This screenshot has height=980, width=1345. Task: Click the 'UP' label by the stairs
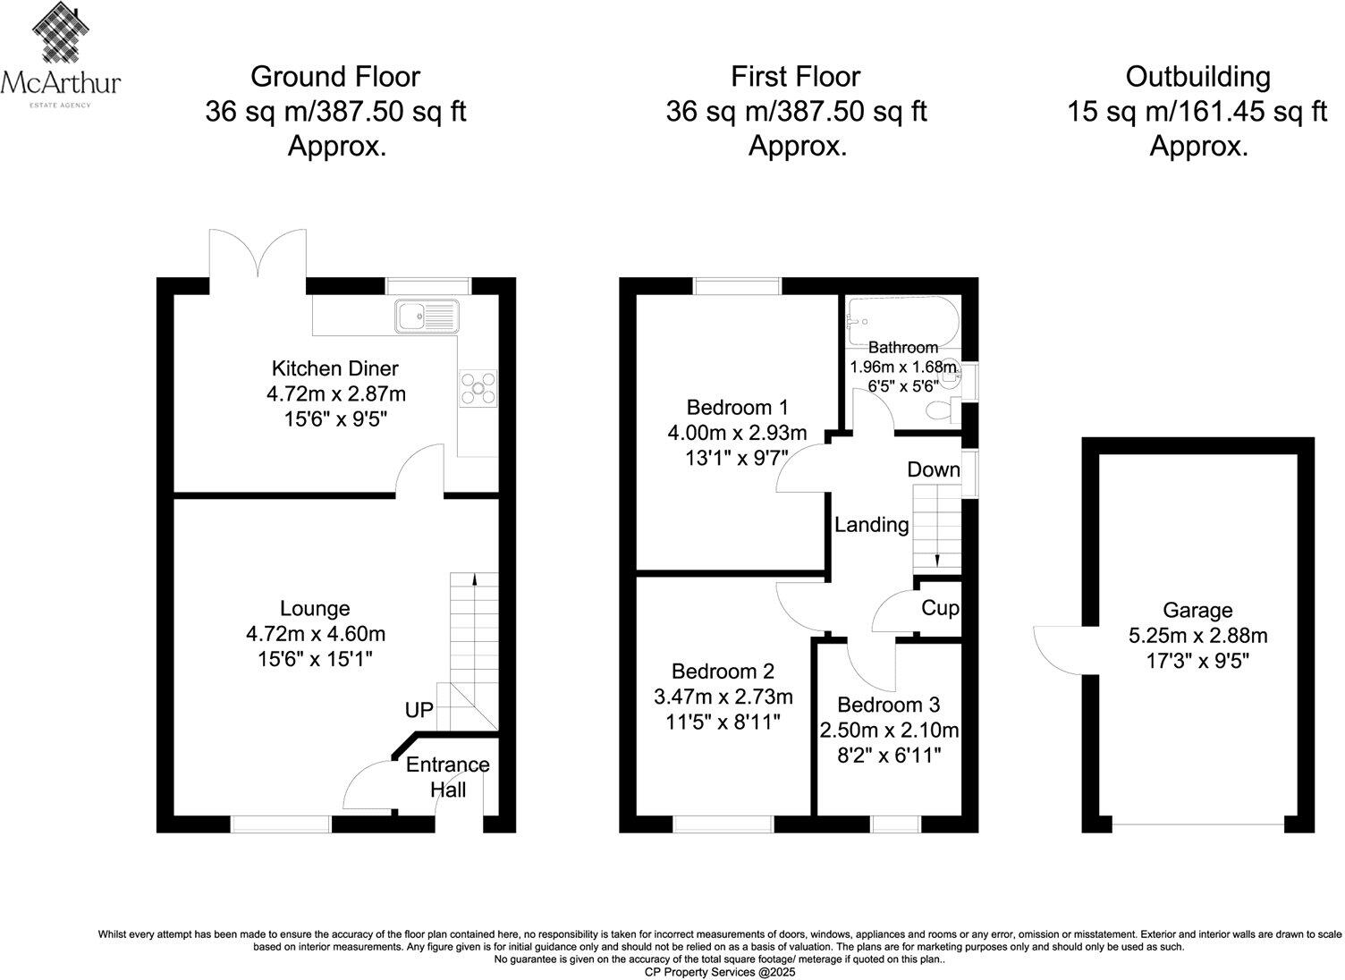[x=419, y=710]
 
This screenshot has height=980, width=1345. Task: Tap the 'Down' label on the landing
[x=933, y=469]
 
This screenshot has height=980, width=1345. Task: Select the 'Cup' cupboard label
[x=939, y=608]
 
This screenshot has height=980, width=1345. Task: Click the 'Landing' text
[x=871, y=525]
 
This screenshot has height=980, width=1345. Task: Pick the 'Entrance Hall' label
[x=448, y=777]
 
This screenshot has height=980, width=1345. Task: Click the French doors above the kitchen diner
[x=258, y=254]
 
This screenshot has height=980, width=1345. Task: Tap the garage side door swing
[x=1059, y=649]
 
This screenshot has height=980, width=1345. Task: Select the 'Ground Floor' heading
[x=334, y=77]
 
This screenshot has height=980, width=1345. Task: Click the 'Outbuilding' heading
[x=1197, y=77]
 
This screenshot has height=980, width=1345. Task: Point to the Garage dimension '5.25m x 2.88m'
[x=1197, y=636]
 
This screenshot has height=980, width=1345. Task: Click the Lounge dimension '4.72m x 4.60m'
[x=315, y=634]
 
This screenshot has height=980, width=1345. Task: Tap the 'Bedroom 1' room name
[x=737, y=408]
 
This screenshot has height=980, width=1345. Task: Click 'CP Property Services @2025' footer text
[x=719, y=971]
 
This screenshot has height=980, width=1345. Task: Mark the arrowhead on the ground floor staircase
[x=473, y=579]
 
